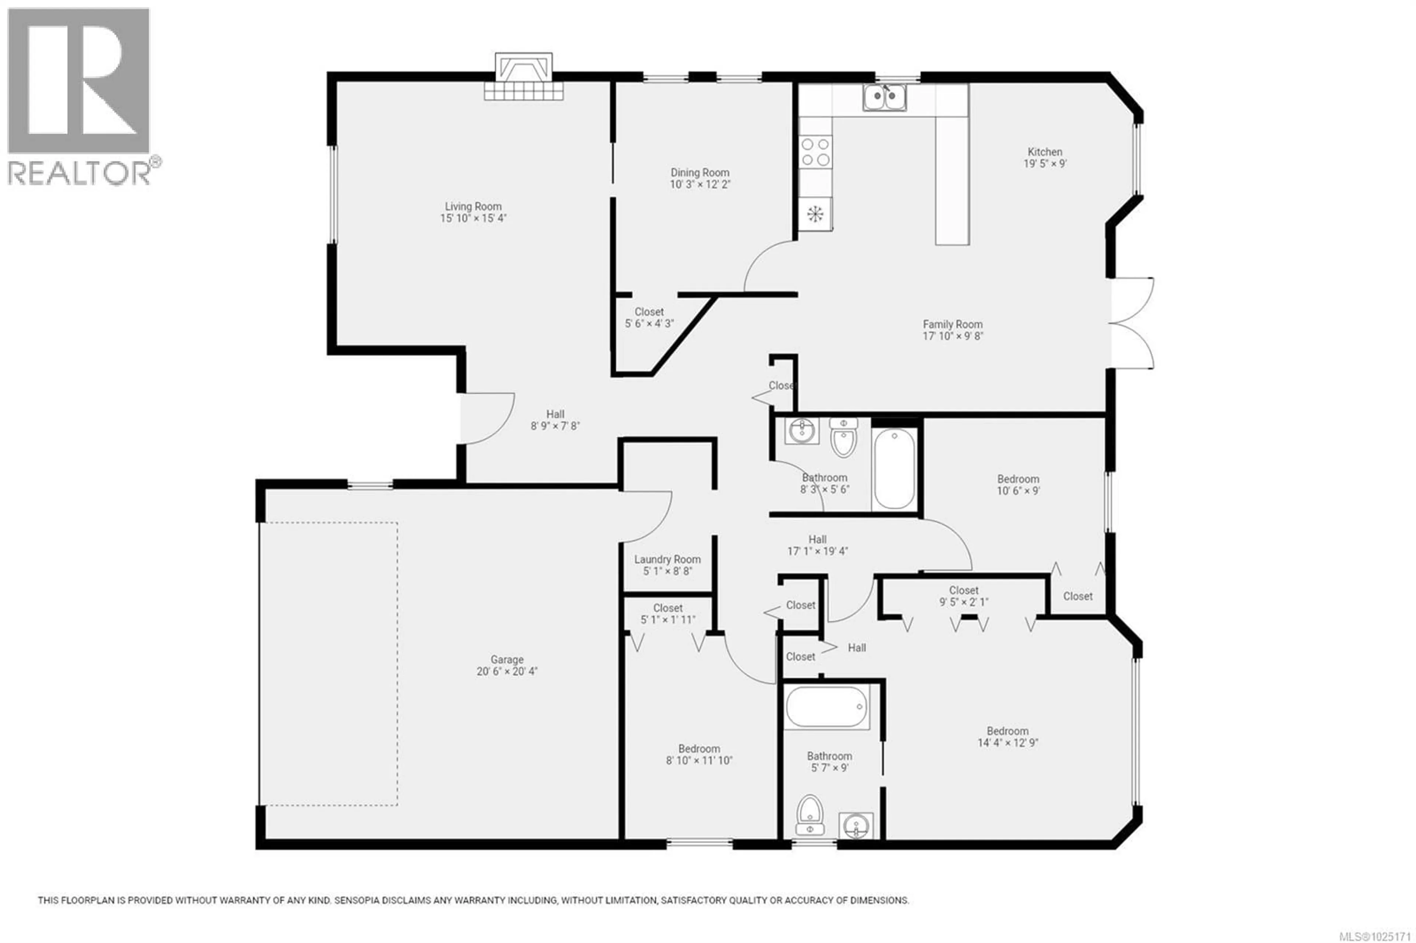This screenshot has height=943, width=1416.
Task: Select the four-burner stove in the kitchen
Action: tap(815, 152)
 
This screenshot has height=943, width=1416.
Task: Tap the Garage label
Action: tap(507, 660)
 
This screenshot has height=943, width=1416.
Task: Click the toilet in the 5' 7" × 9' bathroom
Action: tap(810, 817)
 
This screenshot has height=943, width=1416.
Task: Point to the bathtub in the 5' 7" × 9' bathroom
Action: tap(826, 707)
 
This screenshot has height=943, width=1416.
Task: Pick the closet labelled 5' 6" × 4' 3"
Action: tap(649, 317)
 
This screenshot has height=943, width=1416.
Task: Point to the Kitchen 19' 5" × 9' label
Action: tap(1045, 157)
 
